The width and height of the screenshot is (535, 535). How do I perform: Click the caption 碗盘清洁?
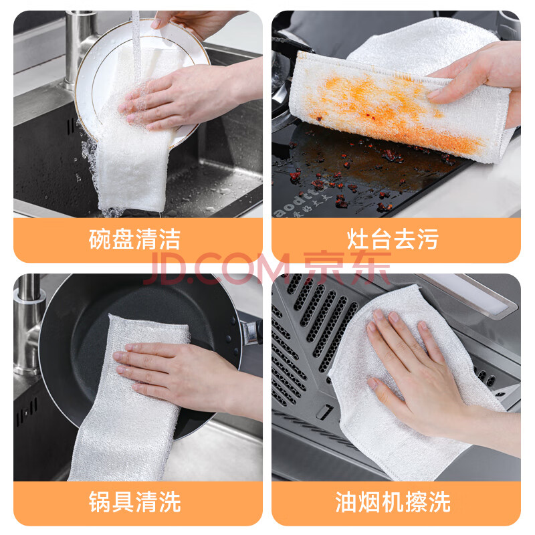(x=134, y=239)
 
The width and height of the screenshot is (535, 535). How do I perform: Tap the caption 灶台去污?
(x=393, y=239)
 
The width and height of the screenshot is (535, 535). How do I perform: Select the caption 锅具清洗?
(x=134, y=502)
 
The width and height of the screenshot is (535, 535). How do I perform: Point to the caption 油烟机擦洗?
(x=393, y=502)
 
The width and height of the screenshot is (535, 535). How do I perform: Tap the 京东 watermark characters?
(x=347, y=268)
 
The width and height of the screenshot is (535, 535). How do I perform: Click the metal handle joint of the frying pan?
(x=252, y=332)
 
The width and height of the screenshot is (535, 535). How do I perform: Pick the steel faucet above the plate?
(x=80, y=47)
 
